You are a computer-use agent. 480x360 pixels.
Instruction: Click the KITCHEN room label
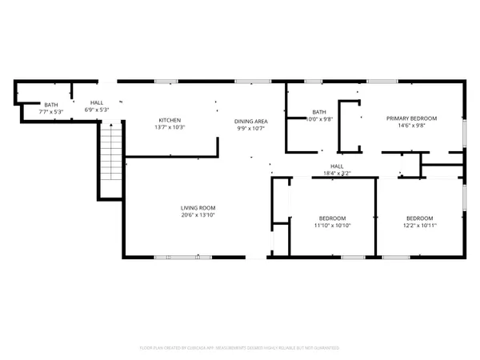(x=169, y=120)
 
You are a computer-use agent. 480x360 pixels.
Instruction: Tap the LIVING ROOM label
(x=198, y=208)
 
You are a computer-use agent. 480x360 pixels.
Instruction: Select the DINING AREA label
(x=250, y=121)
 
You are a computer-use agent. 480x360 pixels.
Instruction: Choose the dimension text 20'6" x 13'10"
(x=198, y=215)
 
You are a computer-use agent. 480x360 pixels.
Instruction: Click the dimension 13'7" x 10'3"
(x=169, y=127)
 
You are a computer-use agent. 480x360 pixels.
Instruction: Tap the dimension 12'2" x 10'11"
(x=419, y=226)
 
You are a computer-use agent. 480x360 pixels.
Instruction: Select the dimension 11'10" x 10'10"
(x=333, y=226)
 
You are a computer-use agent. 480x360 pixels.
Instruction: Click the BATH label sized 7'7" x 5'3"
(x=51, y=106)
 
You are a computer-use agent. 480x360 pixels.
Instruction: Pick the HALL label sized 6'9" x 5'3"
(x=97, y=103)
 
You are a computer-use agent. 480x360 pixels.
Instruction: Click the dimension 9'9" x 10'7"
(x=250, y=128)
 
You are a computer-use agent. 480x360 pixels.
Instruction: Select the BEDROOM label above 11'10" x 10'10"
(x=333, y=218)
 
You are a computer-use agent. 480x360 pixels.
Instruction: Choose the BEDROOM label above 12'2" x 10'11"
(x=419, y=218)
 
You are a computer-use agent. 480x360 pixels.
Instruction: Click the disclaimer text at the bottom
(x=240, y=348)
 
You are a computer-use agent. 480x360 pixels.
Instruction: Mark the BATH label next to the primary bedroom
(x=319, y=112)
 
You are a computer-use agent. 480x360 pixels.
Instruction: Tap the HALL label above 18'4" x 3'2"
(x=337, y=166)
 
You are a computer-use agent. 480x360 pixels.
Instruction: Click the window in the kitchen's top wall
(x=166, y=81)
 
